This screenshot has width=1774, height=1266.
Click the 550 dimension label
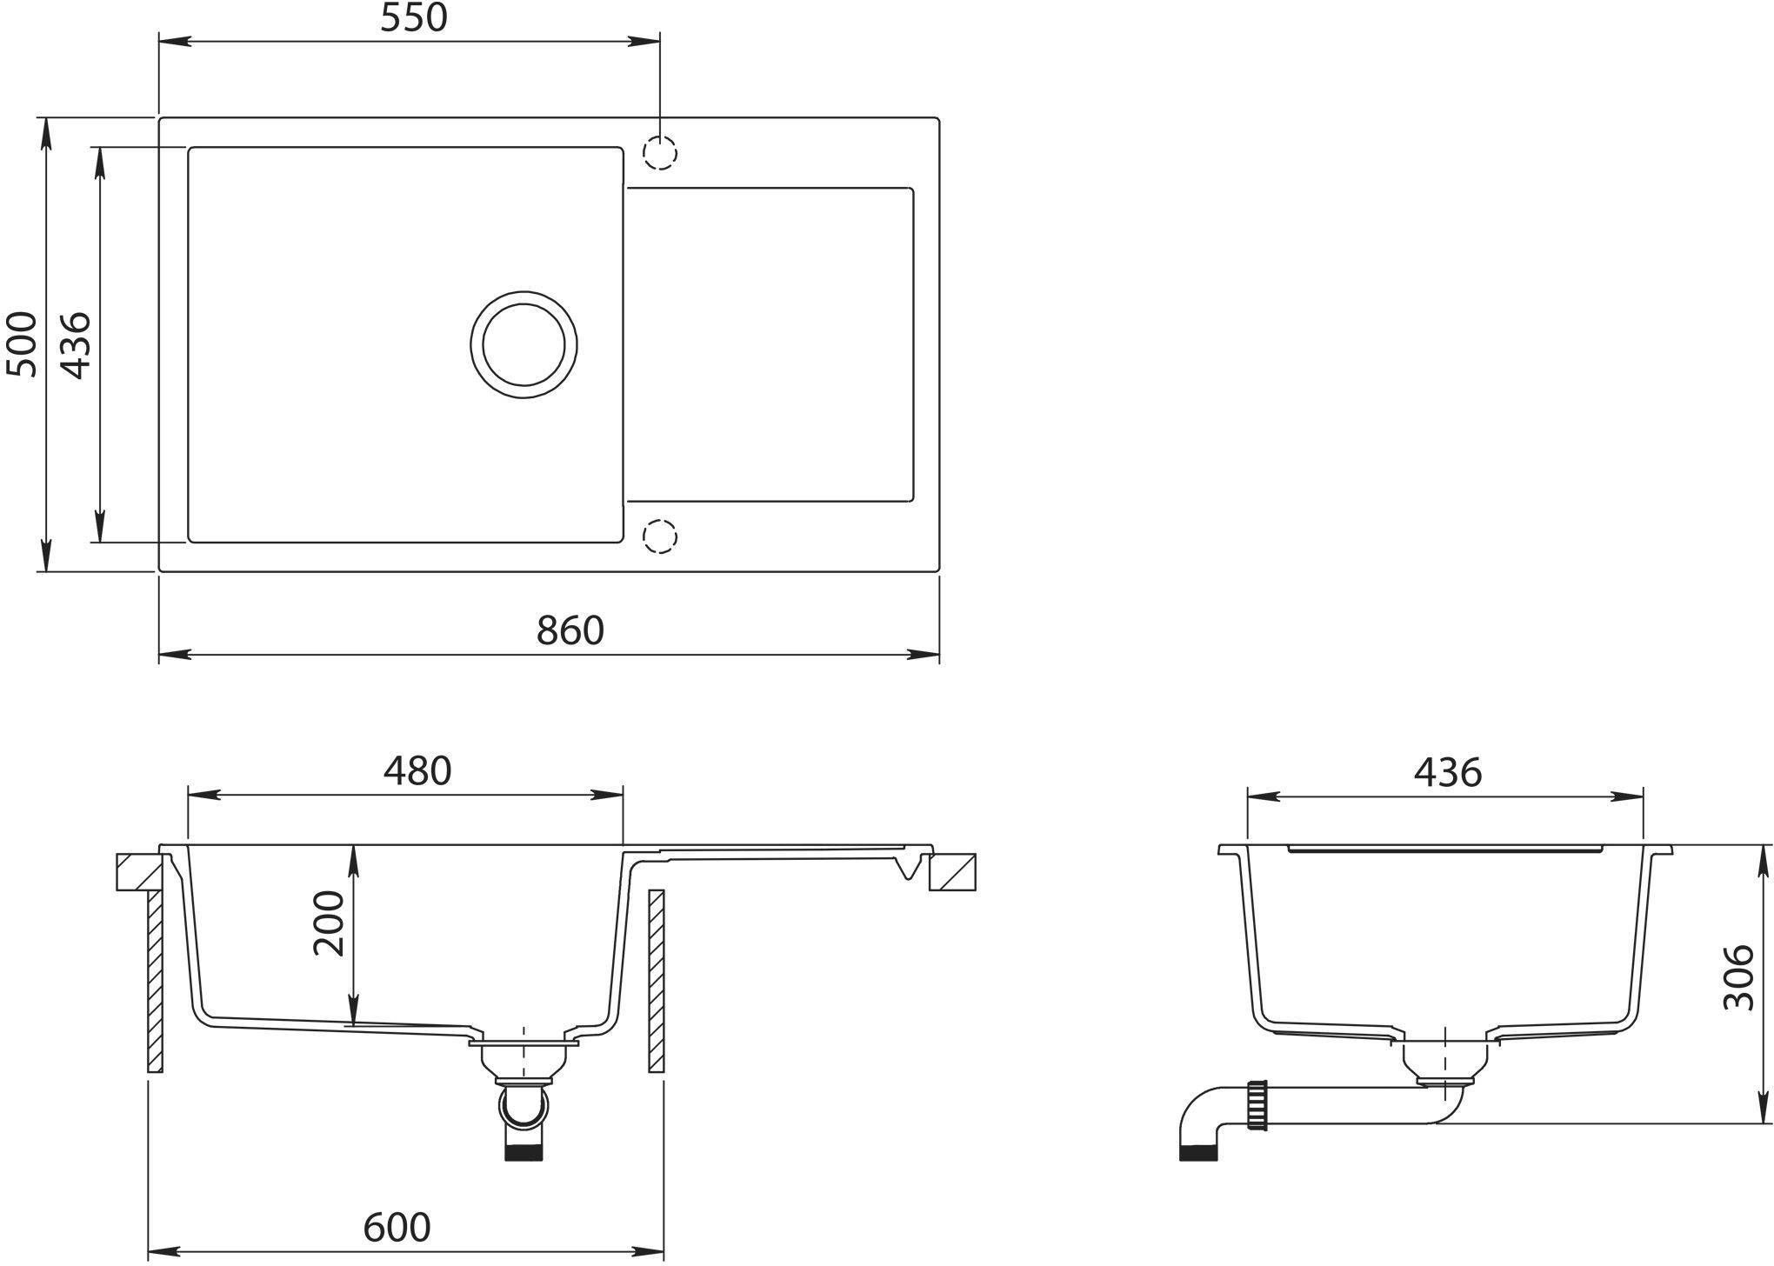point(414,18)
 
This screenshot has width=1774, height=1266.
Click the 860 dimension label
point(570,630)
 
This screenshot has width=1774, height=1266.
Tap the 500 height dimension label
point(22,344)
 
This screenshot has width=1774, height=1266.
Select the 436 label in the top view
point(77,345)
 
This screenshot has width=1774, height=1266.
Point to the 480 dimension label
point(418,771)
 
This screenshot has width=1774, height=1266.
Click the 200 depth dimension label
point(330,923)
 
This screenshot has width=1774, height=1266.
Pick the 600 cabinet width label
point(397,1227)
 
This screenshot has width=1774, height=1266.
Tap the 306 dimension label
point(1738,977)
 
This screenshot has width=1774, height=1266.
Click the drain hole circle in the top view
point(524,292)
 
